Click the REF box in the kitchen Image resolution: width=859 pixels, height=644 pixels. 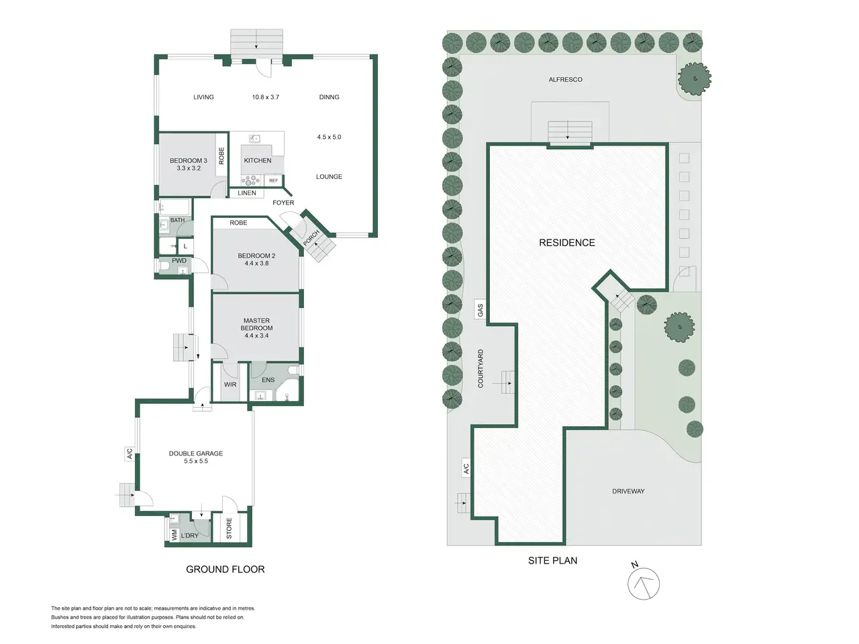(274, 180)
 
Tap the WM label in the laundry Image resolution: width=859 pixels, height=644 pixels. (174, 535)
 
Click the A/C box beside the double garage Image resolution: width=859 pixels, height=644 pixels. (130, 453)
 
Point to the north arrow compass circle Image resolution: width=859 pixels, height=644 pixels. (644, 584)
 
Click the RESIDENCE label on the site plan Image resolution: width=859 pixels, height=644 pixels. (566, 243)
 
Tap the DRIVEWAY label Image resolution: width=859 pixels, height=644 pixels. (628, 491)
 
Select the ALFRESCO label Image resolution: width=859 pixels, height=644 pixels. (565, 79)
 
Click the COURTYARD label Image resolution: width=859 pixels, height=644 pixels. (481, 368)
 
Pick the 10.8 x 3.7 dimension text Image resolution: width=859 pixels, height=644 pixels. (265, 97)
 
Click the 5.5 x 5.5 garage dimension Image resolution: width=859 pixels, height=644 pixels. (196, 461)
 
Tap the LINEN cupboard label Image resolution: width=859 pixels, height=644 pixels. (247, 193)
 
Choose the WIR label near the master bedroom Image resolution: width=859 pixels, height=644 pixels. (230, 384)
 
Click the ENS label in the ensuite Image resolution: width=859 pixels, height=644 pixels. (268, 380)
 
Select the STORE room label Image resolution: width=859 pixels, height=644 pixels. (230, 528)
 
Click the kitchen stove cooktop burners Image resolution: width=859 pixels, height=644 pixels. (251, 180)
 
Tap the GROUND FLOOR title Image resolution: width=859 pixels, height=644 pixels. (225, 570)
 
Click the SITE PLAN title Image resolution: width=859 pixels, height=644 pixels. (552, 560)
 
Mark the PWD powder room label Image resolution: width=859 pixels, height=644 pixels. (179, 260)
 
